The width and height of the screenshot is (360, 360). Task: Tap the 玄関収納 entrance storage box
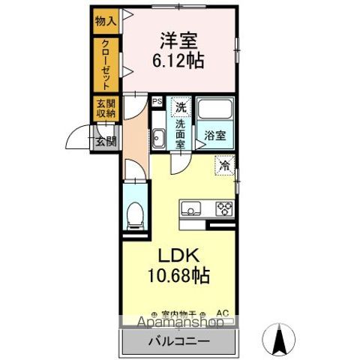coord(106,109)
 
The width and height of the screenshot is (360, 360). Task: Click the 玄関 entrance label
coord(106,140)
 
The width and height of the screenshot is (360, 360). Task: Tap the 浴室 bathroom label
coord(215,136)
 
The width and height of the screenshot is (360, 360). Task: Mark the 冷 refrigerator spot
coord(224,165)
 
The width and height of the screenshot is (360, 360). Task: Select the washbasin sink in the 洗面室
coord(159,137)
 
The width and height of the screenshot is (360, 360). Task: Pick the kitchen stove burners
coord(223,208)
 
